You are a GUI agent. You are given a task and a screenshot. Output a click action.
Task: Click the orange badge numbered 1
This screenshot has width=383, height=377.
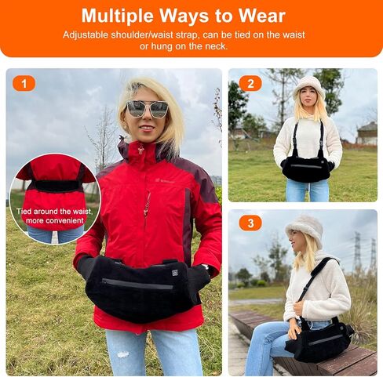pyautogui.click(x=24, y=83)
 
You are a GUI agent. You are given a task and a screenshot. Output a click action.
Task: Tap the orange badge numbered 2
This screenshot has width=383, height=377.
pyautogui.click(x=249, y=83)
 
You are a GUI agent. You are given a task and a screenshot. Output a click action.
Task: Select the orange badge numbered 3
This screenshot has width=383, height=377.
pyautogui.click(x=249, y=223)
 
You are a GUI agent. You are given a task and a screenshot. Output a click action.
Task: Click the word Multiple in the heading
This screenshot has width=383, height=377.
pyautogui.click(x=119, y=16)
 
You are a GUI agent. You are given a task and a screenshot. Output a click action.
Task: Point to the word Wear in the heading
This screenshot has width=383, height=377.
pyautogui.click(x=264, y=16)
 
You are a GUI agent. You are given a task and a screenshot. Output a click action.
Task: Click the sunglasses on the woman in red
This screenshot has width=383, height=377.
pyautogui.click(x=147, y=109)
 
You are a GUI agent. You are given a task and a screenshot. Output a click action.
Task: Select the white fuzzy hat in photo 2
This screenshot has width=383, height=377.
pyautogui.click(x=308, y=85)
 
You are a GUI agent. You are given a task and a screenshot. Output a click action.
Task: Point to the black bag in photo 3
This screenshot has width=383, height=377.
pyautogui.click(x=318, y=343)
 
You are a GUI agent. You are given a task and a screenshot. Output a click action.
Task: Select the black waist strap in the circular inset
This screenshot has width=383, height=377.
pyautogui.click(x=56, y=186)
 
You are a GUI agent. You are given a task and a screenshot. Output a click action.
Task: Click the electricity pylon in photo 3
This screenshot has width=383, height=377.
pyautogui.click(x=357, y=251)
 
